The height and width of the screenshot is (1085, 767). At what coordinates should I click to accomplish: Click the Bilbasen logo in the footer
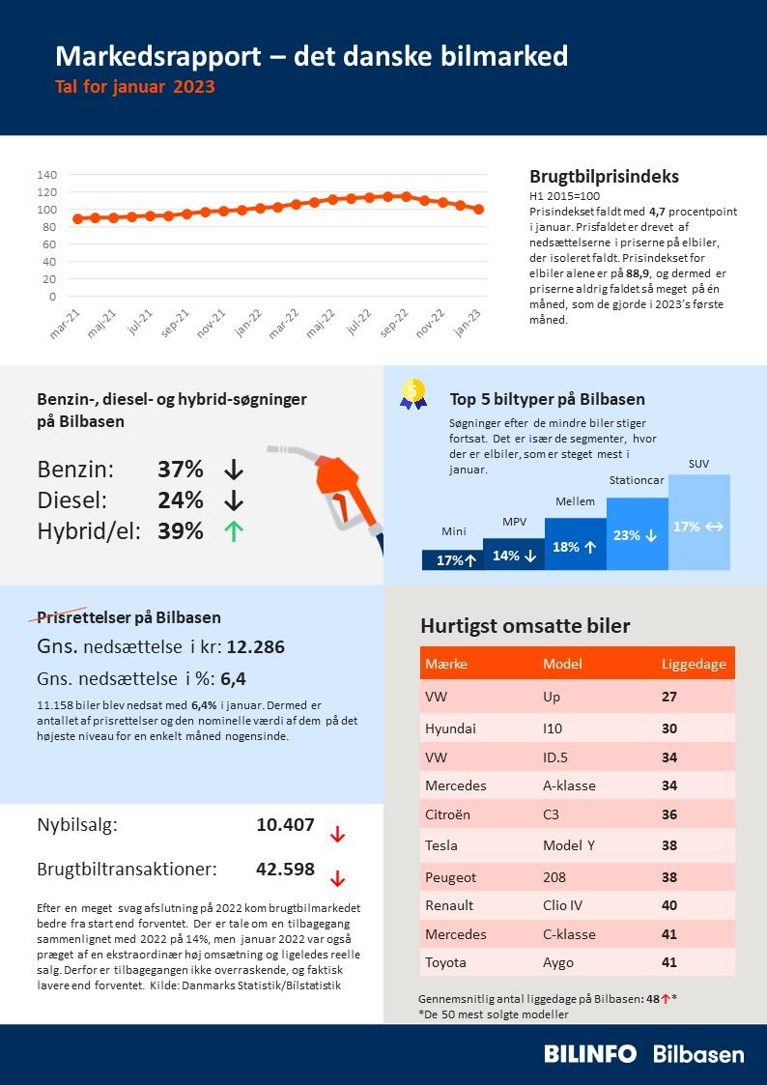[x=698, y=1054]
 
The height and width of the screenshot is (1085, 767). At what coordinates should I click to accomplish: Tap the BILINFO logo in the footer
[x=590, y=1054]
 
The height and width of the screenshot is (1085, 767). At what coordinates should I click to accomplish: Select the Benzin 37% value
[x=181, y=471]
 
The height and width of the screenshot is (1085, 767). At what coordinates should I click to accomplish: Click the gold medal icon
[x=413, y=392]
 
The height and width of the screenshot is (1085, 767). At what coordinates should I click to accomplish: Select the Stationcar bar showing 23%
[x=638, y=533]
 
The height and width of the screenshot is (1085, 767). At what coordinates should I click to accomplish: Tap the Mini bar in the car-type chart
[x=452, y=559]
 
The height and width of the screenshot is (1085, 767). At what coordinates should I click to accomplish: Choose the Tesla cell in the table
[x=441, y=845]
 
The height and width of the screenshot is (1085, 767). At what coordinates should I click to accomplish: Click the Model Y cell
[x=570, y=845]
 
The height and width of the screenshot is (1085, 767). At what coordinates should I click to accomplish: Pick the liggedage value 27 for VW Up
[x=669, y=697]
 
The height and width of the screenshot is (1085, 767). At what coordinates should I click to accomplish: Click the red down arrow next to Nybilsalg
[x=337, y=835]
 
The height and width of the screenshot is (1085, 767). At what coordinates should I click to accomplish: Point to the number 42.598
[x=285, y=869]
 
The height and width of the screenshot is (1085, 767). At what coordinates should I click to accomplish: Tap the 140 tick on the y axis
[x=46, y=175]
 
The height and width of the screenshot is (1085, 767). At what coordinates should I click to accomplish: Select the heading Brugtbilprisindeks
[x=604, y=177]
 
